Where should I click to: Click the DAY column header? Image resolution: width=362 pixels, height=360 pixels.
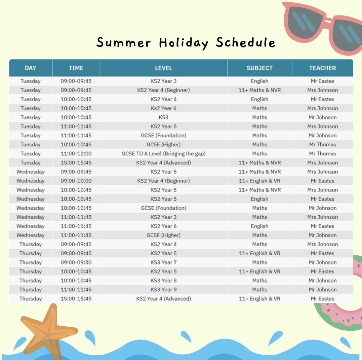[30, 68]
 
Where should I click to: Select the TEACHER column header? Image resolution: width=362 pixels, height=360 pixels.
[322, 68]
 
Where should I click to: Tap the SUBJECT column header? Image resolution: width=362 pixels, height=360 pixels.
[259, 68]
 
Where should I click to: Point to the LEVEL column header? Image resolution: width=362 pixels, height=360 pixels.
[163, 68]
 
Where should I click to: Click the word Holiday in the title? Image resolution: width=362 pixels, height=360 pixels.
[184, 43]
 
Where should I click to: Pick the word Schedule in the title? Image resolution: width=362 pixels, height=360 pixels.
[246, 42]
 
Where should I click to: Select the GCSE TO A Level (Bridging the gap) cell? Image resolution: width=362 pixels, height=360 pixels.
[163, 154]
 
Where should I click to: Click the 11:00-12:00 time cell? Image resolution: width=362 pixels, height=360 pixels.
[76, 154]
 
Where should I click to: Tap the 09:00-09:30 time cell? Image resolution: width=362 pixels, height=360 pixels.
[76, 262]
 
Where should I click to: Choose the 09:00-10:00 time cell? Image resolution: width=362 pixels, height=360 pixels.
[76, 181]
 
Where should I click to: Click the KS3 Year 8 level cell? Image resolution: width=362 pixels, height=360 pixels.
[163, 281]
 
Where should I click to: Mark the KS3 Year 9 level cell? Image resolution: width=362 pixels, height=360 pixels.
[163, 290]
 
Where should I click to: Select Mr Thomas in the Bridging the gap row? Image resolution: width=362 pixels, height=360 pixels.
[322, 154]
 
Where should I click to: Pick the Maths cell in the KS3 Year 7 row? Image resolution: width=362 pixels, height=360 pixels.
[259, 262]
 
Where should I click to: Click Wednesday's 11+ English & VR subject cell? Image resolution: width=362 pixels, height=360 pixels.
[259, 181]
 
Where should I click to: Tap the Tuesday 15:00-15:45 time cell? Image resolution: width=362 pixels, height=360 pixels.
[76, 163]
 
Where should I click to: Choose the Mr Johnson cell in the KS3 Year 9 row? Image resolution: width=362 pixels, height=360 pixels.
[322, 290]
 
